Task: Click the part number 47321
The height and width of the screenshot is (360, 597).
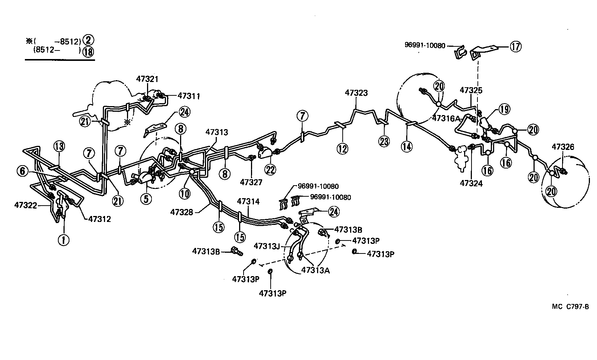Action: [x=147, y=79]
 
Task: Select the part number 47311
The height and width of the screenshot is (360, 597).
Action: [x=189, y=96]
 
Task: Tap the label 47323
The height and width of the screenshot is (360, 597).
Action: [x=356, y=93]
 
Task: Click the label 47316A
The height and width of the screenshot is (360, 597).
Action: [x=446, y=118]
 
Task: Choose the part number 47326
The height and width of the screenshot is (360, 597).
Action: [x=563, y=147]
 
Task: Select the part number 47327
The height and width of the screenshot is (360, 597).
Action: [x=251, y=182]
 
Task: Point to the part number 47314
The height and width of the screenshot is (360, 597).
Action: [x=248, y=202]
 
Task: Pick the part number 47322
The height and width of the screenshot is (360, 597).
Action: [x=26, y=205]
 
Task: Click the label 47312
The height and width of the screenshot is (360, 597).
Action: [x=99, y=219]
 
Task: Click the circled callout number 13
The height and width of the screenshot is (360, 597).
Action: [x=59, y=146]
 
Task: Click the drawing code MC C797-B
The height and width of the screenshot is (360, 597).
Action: [x=570, y=307]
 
